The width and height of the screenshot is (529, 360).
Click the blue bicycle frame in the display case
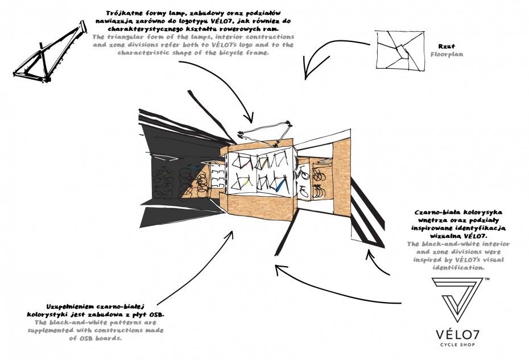(280, 184)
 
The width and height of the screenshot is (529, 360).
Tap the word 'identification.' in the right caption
(458, 267)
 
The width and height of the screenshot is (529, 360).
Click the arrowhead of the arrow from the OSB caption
(232, 233)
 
